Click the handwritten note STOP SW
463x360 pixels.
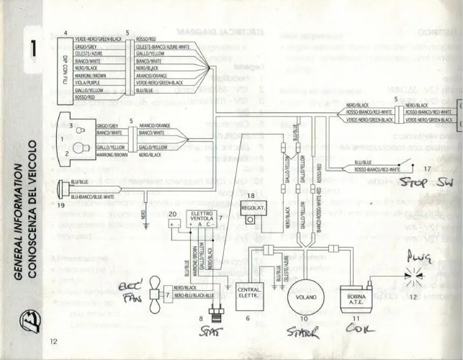click(423, 181)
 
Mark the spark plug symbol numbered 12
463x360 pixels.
click(412, 275)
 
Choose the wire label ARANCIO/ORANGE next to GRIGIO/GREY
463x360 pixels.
click(153, 125)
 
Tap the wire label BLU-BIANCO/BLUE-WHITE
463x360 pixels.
click(93, 196)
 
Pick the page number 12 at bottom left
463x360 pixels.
click(54, 341)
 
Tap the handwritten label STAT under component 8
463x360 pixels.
click(212, 330)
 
